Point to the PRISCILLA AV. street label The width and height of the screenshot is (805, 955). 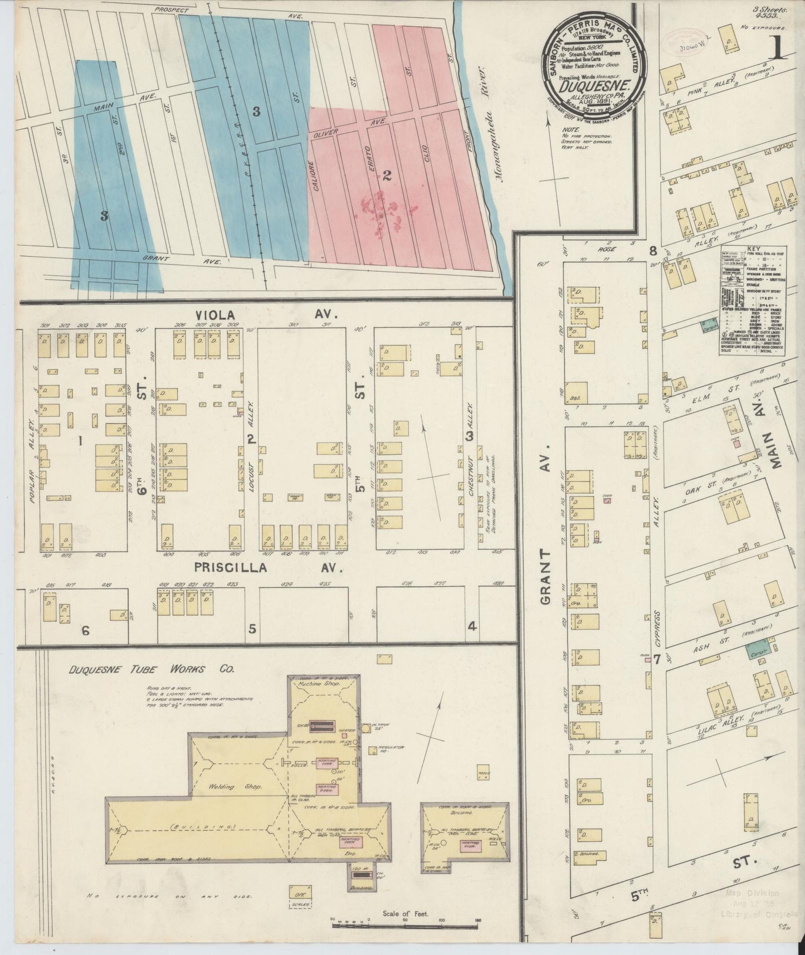click(267, 567)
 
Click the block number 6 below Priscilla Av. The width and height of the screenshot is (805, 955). click(85, 631)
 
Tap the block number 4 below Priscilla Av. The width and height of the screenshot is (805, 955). click(472, 626)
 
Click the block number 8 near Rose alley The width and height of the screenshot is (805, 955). click(653, 251)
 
